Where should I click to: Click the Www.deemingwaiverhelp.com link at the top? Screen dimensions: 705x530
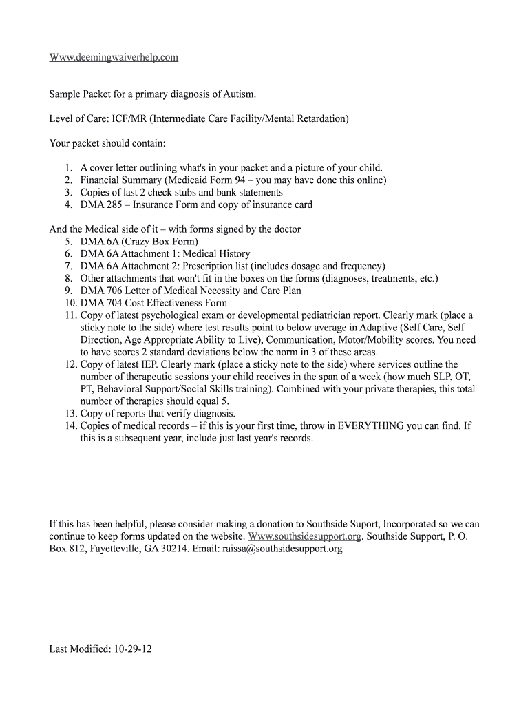click(114, 57)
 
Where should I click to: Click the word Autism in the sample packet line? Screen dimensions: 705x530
click(238, 94)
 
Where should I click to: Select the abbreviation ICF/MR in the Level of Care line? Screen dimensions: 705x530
click(127, 118)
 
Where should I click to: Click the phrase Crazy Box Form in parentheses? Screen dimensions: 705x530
click(163, 242)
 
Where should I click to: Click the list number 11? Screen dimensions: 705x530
click(70, 315)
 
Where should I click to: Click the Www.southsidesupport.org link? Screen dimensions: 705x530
click(304, 536)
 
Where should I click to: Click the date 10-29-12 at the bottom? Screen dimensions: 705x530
click(131, 649)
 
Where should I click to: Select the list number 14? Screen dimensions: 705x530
click(70, 426)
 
